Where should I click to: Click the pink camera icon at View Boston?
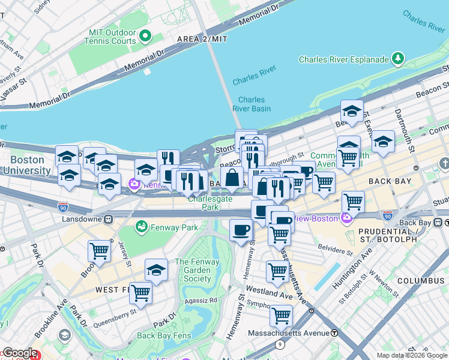[x=346, y=218]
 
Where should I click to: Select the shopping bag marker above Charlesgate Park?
[x=232, y=178]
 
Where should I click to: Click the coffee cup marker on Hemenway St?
[x=241, y=230]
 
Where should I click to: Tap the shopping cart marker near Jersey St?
[x=99, y=251]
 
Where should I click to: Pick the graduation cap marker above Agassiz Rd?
[x=156, y=270]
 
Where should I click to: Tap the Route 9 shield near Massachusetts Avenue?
[x=280, y=344]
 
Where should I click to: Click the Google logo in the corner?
[x=19, y=353]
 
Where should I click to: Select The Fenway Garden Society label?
[x=193, y=270]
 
